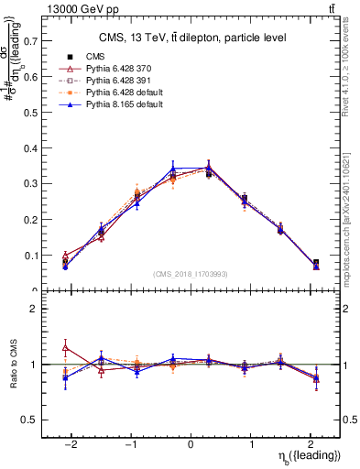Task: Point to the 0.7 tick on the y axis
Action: click(30, 41)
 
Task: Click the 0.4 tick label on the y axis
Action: click(30, 148)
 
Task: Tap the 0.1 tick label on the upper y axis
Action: click(30, 256)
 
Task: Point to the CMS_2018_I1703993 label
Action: click(191, 274)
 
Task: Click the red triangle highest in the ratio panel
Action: click(65, 347)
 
